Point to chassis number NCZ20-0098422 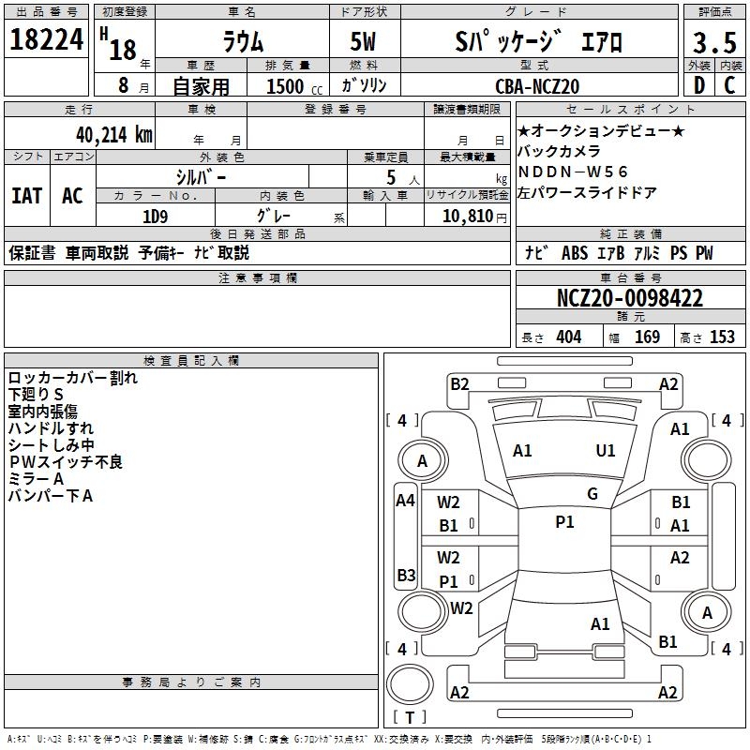(630, 299)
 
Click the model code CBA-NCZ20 (537, 86)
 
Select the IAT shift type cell (26, 196)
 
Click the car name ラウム (242, 42)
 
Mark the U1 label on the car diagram (607, 451)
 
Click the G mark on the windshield (592, 494)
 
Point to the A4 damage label (405, 501)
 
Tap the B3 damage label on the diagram (406, 575)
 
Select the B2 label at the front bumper (459, 383)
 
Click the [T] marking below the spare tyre (410, 718)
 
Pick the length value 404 (568, 337)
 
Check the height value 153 (722, 337)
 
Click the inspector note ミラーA (36, 479)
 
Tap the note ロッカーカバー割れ (72, 378)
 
